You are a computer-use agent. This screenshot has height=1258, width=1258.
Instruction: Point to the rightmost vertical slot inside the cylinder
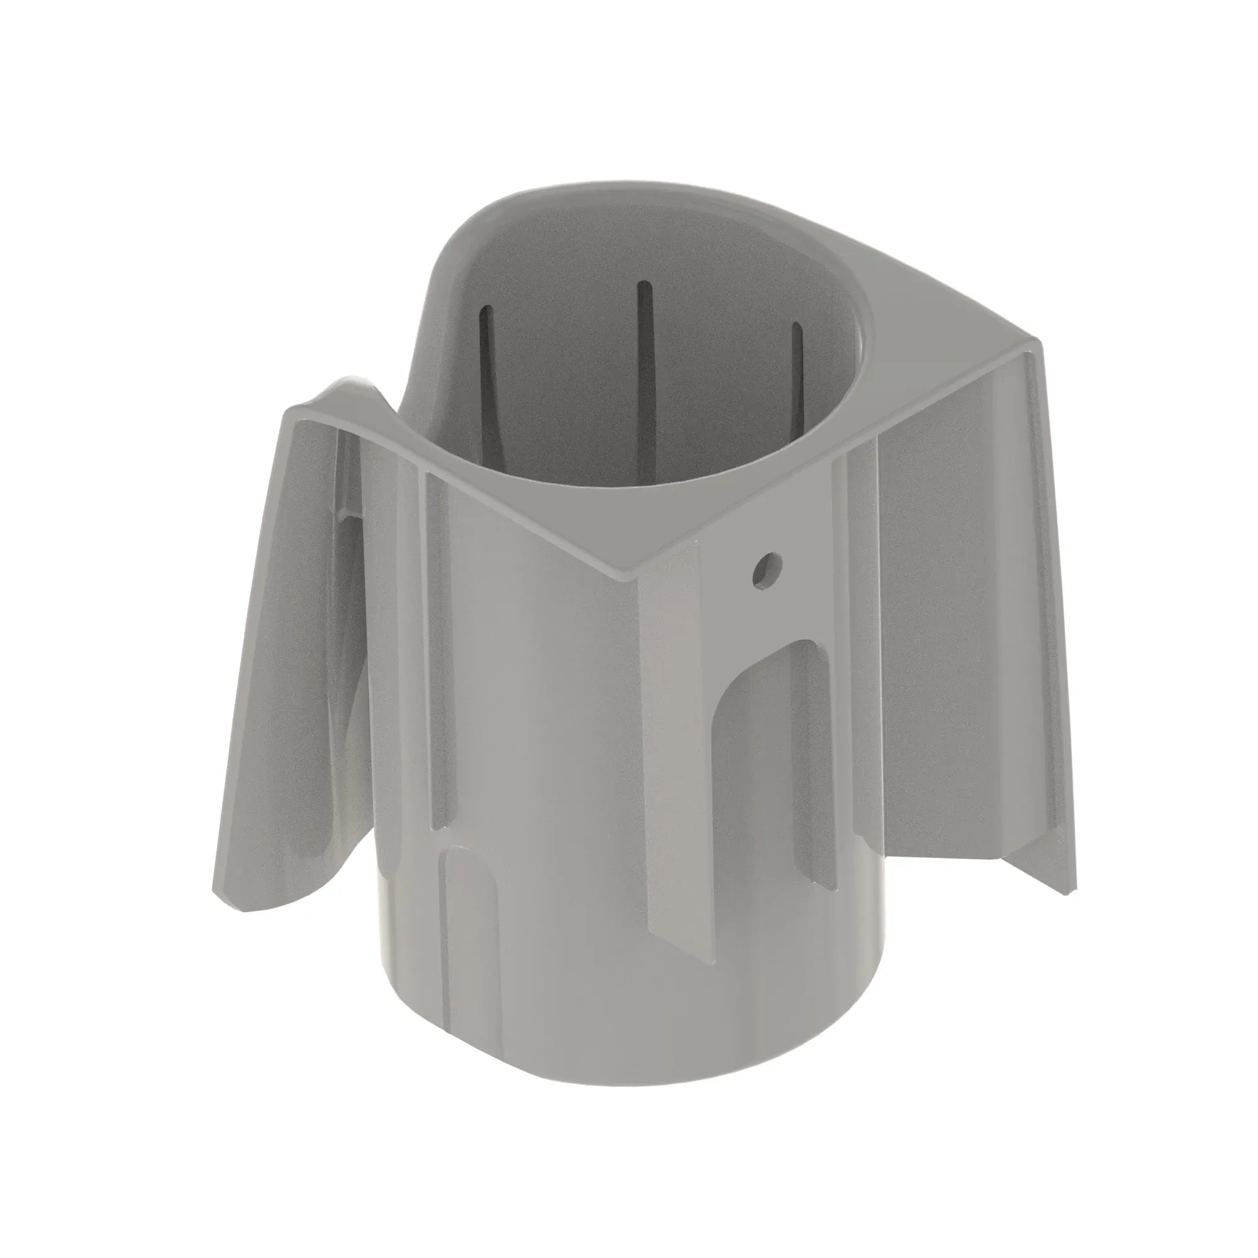797,377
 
